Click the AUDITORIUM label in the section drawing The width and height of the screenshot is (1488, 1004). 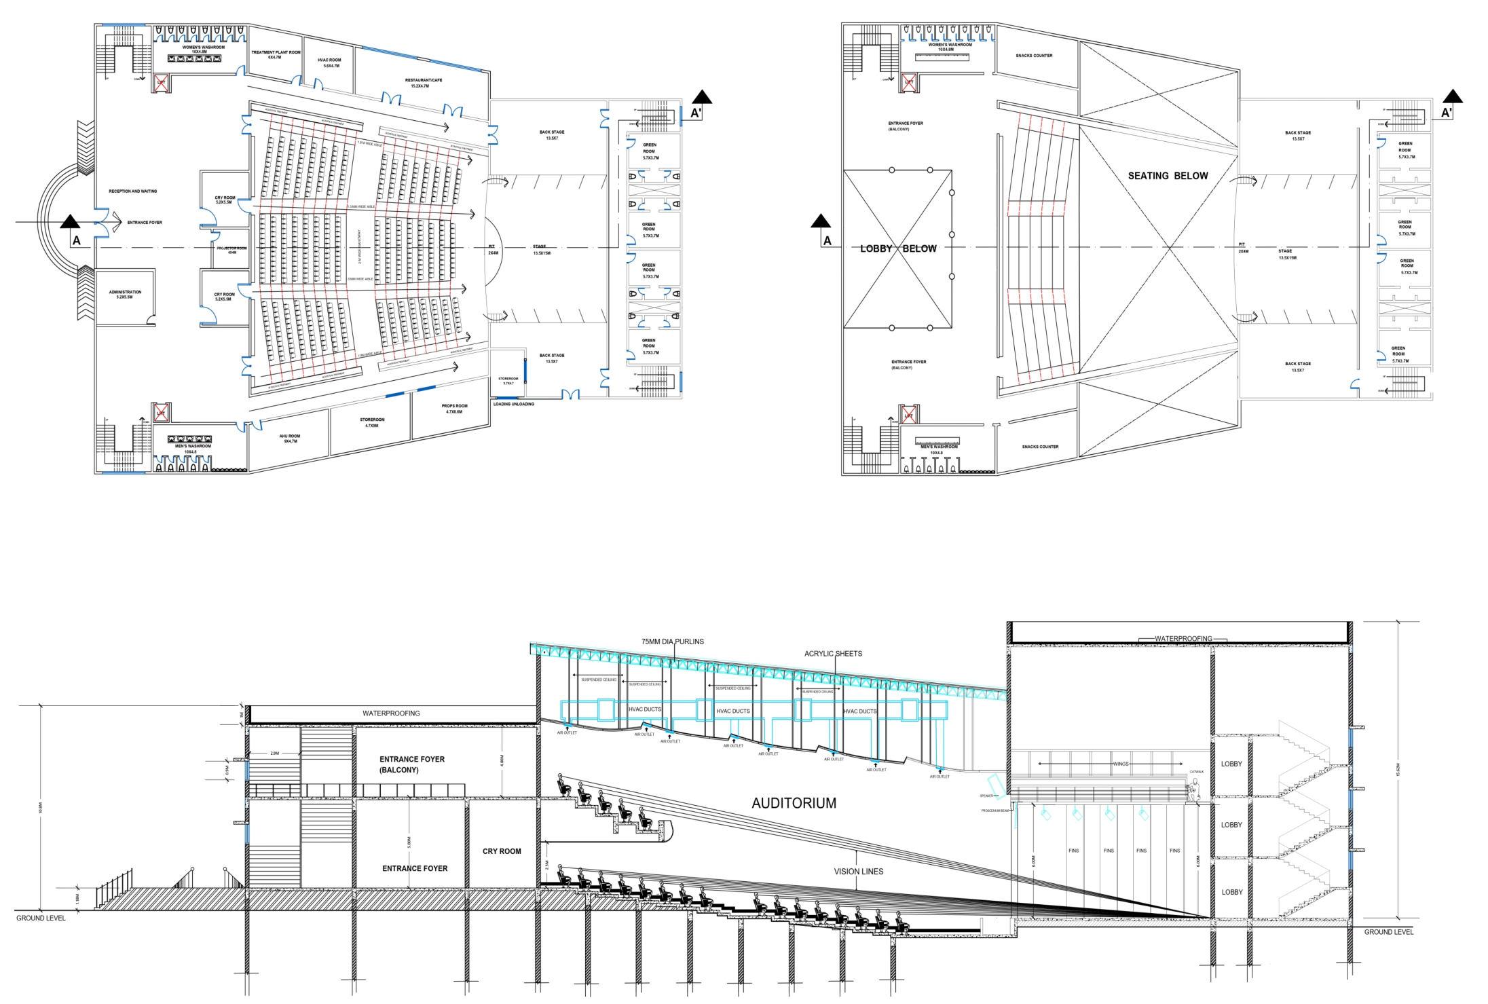[x=794, y=803]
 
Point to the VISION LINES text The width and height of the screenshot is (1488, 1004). [x=859, y=871]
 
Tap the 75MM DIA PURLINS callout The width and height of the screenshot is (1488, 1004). [x=672, y=641]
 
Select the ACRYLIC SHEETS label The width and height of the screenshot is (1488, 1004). [x=833, y=654]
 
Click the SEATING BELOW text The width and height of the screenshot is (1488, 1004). [x=1168, y=176]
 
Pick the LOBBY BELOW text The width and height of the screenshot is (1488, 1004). [x=898, y=248]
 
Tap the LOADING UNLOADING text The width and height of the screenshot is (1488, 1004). [x=513, y=404]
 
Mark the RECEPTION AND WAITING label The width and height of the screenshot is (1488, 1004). [x=132, y=191]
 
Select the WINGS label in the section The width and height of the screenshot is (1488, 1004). [x=1120, y=764]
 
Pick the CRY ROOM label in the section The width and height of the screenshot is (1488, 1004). [x=502, y=851]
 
